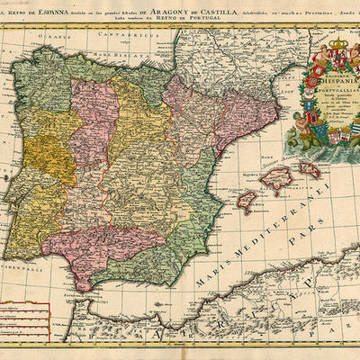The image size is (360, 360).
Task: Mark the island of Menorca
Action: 310,168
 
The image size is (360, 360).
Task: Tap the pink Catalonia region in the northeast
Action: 234,117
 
